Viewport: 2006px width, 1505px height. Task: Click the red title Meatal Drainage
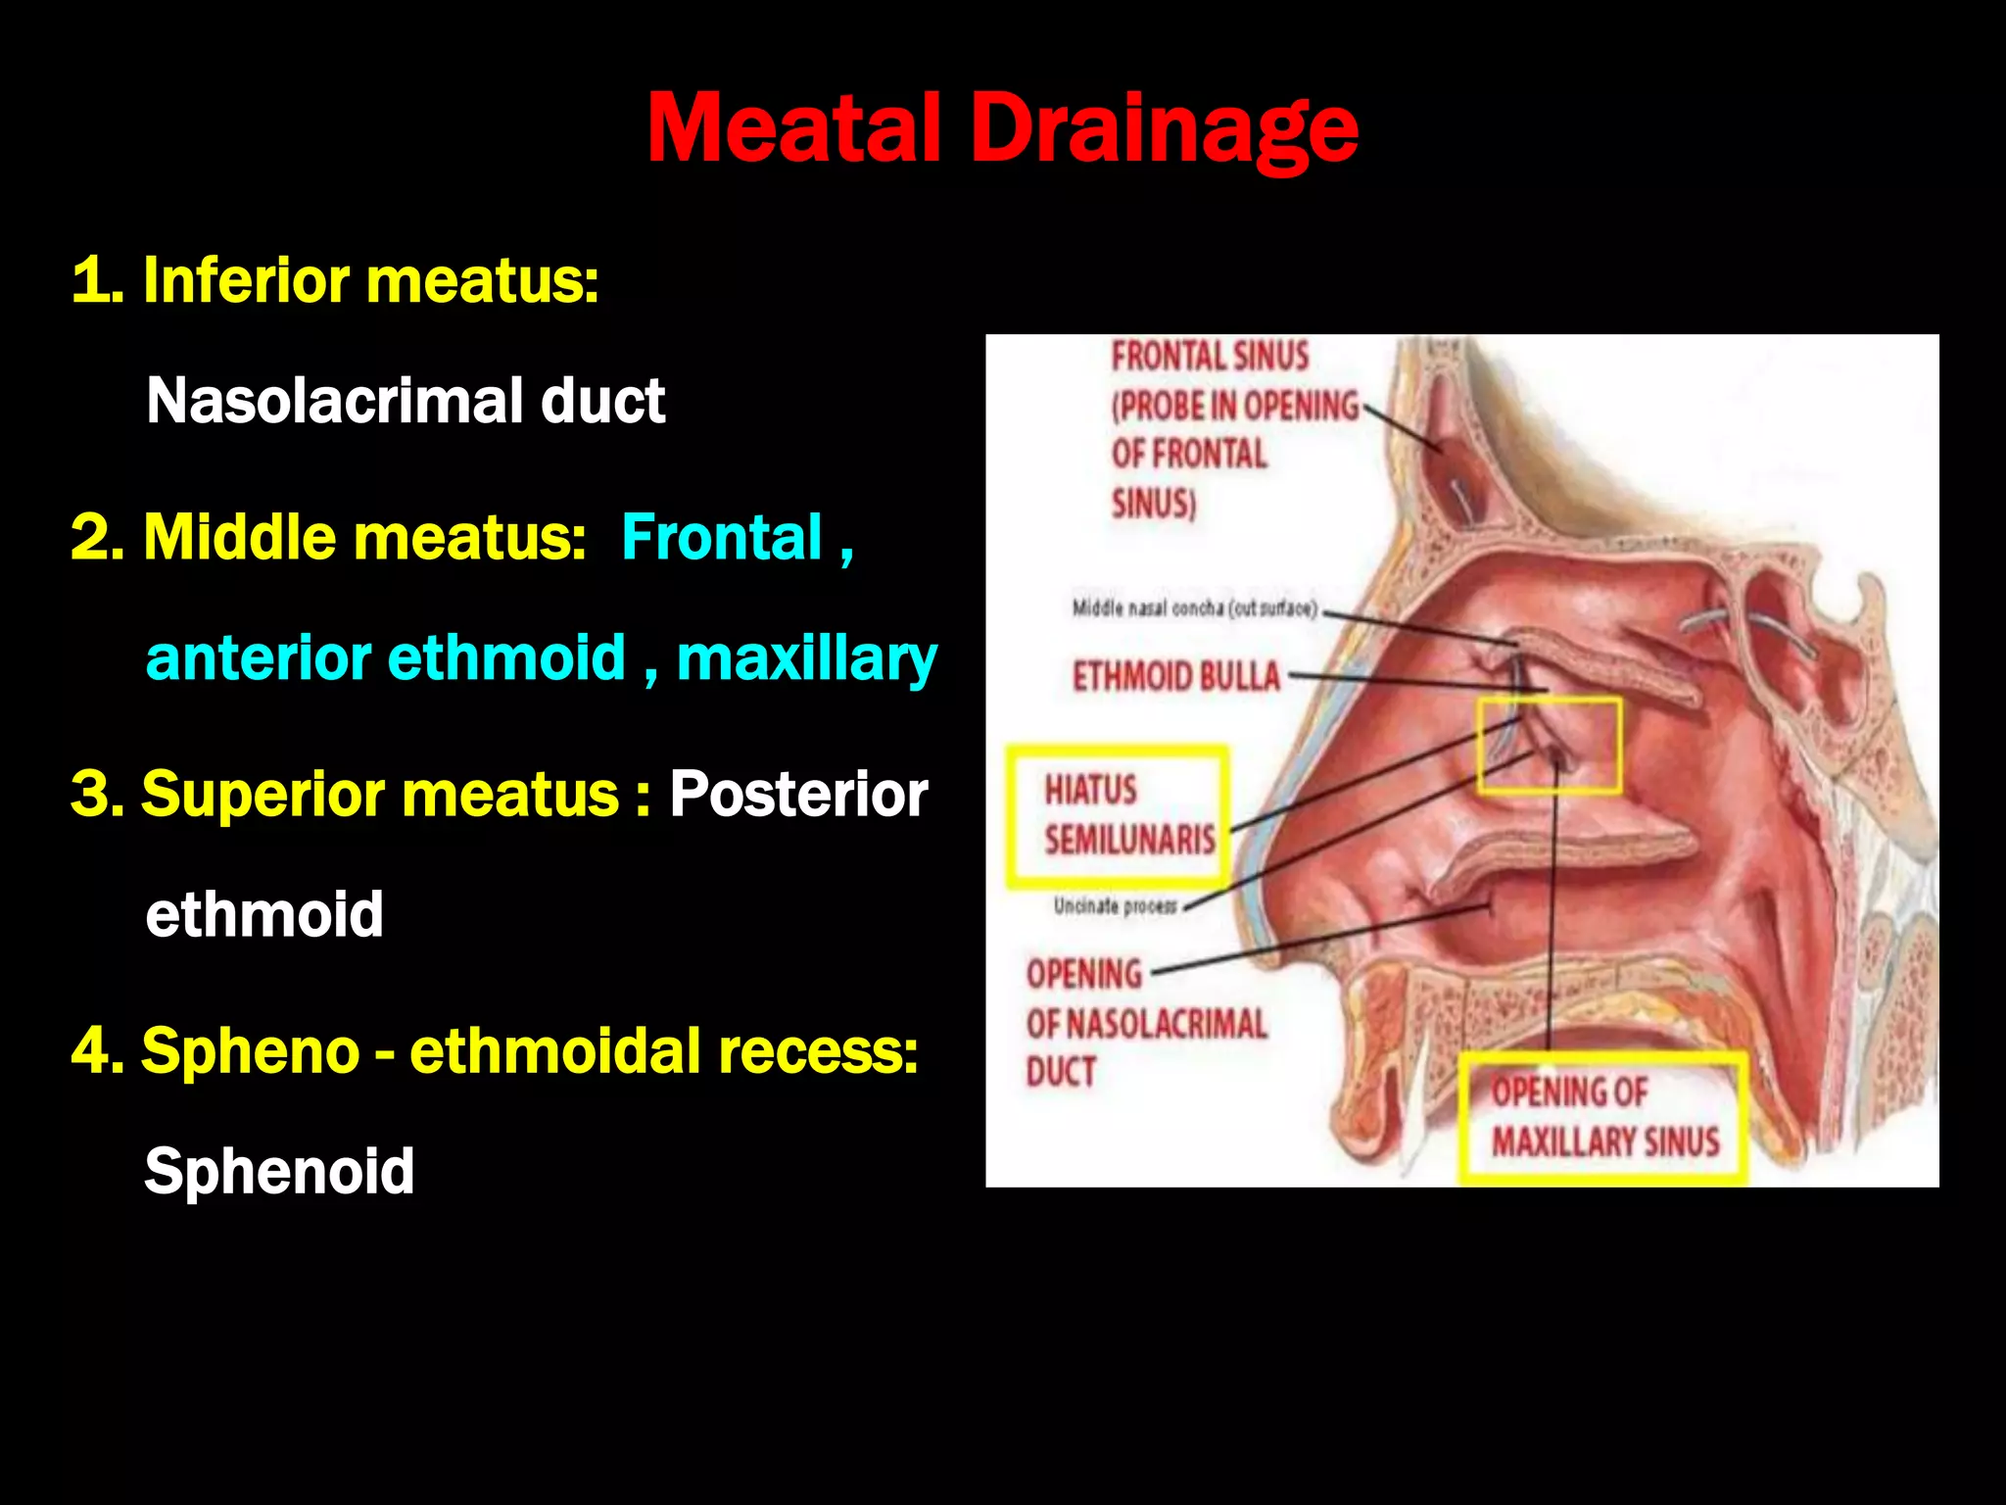coord(1002,128)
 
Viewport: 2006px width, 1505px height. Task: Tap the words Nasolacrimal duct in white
coord(406,401)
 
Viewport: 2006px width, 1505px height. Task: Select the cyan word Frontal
coord(722,537)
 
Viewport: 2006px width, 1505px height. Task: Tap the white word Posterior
coord(798,794)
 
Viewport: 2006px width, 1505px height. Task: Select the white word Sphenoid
coord(279,1171)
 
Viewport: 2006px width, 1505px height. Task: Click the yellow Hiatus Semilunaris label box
coord(1118,816)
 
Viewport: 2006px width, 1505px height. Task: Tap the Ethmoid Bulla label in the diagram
coord(1175,677)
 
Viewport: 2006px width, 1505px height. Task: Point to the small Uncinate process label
coord(1115,906)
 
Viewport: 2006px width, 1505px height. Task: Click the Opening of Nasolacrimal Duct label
coord(1146,1023)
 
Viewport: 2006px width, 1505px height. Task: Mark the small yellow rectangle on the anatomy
coord(1550,746)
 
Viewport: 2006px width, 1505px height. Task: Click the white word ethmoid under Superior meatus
coord(264,914)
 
